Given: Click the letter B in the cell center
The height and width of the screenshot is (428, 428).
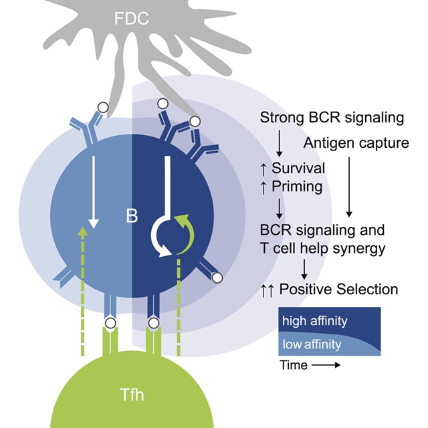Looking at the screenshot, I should pos(132,216).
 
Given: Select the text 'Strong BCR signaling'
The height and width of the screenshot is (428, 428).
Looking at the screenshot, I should pos(332,118).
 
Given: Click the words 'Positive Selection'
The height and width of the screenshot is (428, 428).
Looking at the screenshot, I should pos(338,290).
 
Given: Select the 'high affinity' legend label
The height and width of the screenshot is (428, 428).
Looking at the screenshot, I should pos(314,321).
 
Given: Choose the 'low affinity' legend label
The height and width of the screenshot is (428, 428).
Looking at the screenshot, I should pos(312,345).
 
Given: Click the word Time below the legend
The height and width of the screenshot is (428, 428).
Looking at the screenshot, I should pos(294,365).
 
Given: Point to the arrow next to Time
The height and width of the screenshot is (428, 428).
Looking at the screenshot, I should pos(326,365).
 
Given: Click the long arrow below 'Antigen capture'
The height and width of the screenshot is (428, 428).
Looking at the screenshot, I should pos(348,185).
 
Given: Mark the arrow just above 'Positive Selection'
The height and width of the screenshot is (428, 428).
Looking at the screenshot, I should pos(304,269).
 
